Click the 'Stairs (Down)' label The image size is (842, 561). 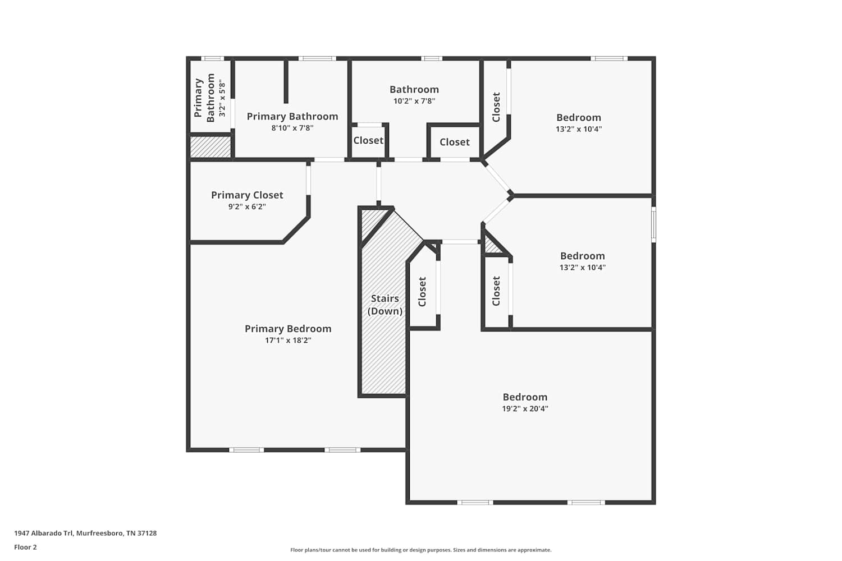coord(385,305)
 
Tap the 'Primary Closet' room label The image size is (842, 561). coord(247,195)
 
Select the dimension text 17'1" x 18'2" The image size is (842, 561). coord(289,341)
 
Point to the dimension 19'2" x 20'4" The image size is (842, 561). coord(525,408)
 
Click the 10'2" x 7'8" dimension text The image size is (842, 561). coord(414,101)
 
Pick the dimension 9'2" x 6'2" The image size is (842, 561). coord(247,206)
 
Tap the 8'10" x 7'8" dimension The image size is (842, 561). coord(292,128)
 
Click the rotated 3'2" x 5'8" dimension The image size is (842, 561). coord(222,98)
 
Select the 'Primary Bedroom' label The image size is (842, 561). coord(289,329)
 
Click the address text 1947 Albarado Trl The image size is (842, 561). coord(44,533)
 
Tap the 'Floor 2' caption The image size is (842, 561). coord(26,547)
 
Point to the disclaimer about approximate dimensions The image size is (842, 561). coord(421,550)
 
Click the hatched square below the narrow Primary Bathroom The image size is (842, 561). coord(210,147)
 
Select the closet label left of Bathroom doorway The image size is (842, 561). coord(368,140)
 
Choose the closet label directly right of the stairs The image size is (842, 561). coord(422,292)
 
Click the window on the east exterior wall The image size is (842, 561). coord(654,224)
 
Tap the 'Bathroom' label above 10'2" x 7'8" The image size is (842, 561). coord(414,89)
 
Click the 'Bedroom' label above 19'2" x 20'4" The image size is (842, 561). coord(525,397)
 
